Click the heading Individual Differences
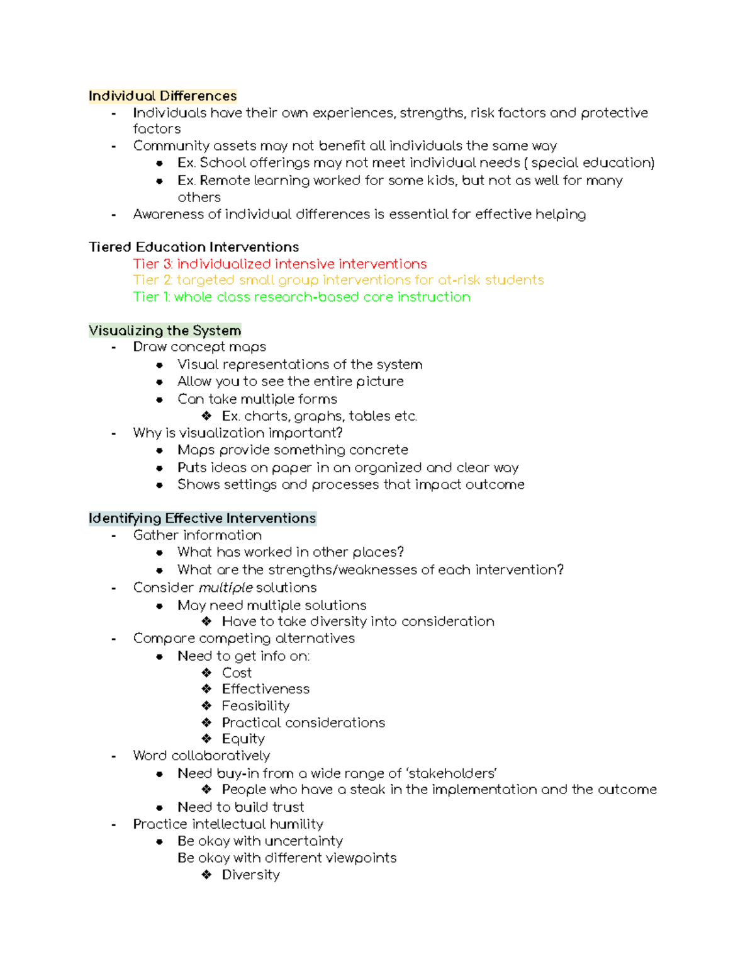(162, 96)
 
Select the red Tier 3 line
(280, 264)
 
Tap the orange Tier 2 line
(338, 280)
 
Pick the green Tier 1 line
(302, 297)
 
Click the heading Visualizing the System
(165, 331)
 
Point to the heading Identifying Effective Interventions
(202, 518)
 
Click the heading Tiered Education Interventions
(194, 247)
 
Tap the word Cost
(237, 673)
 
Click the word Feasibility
(255, 706)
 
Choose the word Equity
(243, 739)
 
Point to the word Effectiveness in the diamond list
(266, 689)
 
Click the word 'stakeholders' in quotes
(452, 773)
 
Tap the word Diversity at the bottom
(250, 875)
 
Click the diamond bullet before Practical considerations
(206, 722)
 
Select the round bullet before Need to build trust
(160, 807)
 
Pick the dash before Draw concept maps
(113, 347)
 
